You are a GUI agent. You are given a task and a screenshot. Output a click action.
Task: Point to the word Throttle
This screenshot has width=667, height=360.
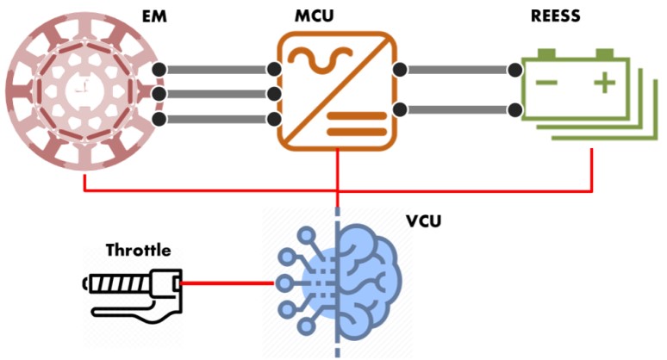138,251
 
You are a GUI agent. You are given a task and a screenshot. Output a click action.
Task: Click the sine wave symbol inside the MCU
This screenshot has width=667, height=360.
311,59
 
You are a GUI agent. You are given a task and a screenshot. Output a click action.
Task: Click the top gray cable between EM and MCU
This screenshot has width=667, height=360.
215,70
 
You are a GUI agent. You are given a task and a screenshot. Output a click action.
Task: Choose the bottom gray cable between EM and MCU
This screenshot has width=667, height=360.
215,119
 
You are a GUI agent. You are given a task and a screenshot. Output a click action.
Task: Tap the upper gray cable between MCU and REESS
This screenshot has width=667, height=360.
457,70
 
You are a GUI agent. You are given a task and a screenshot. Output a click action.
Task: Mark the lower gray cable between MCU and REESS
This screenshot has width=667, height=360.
457,109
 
